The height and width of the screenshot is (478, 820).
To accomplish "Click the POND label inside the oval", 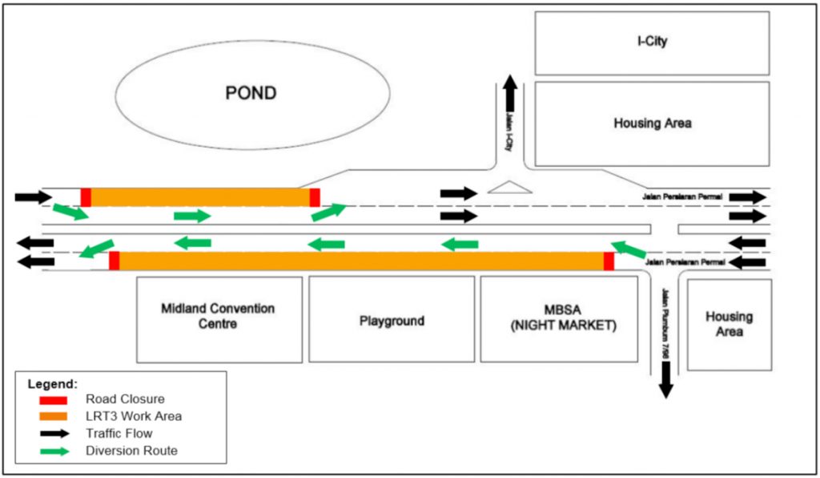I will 251,93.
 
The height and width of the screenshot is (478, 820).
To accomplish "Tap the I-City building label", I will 652,42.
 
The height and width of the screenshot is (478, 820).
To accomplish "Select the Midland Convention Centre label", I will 217,316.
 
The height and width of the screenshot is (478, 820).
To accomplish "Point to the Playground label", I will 392,321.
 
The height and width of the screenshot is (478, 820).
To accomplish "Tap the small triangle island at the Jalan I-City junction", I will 509,188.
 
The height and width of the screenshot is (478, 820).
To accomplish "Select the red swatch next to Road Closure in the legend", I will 53,399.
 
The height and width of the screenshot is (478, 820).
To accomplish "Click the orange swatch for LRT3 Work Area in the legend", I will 53,416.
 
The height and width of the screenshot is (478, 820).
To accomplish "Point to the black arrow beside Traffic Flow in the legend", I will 53,433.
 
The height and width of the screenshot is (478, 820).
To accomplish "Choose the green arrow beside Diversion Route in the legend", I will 53,451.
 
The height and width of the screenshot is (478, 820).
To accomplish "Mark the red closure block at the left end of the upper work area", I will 86,197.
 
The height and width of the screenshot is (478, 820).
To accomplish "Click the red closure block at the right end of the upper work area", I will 315,197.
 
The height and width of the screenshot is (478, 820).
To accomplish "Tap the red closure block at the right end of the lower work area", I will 609,261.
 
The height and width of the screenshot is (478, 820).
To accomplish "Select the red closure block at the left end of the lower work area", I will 114,261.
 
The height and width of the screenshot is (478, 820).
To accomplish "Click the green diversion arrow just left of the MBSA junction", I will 628,249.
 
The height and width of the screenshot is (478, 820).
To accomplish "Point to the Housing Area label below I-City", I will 652,124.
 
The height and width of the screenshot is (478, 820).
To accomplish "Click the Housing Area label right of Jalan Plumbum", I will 729,324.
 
